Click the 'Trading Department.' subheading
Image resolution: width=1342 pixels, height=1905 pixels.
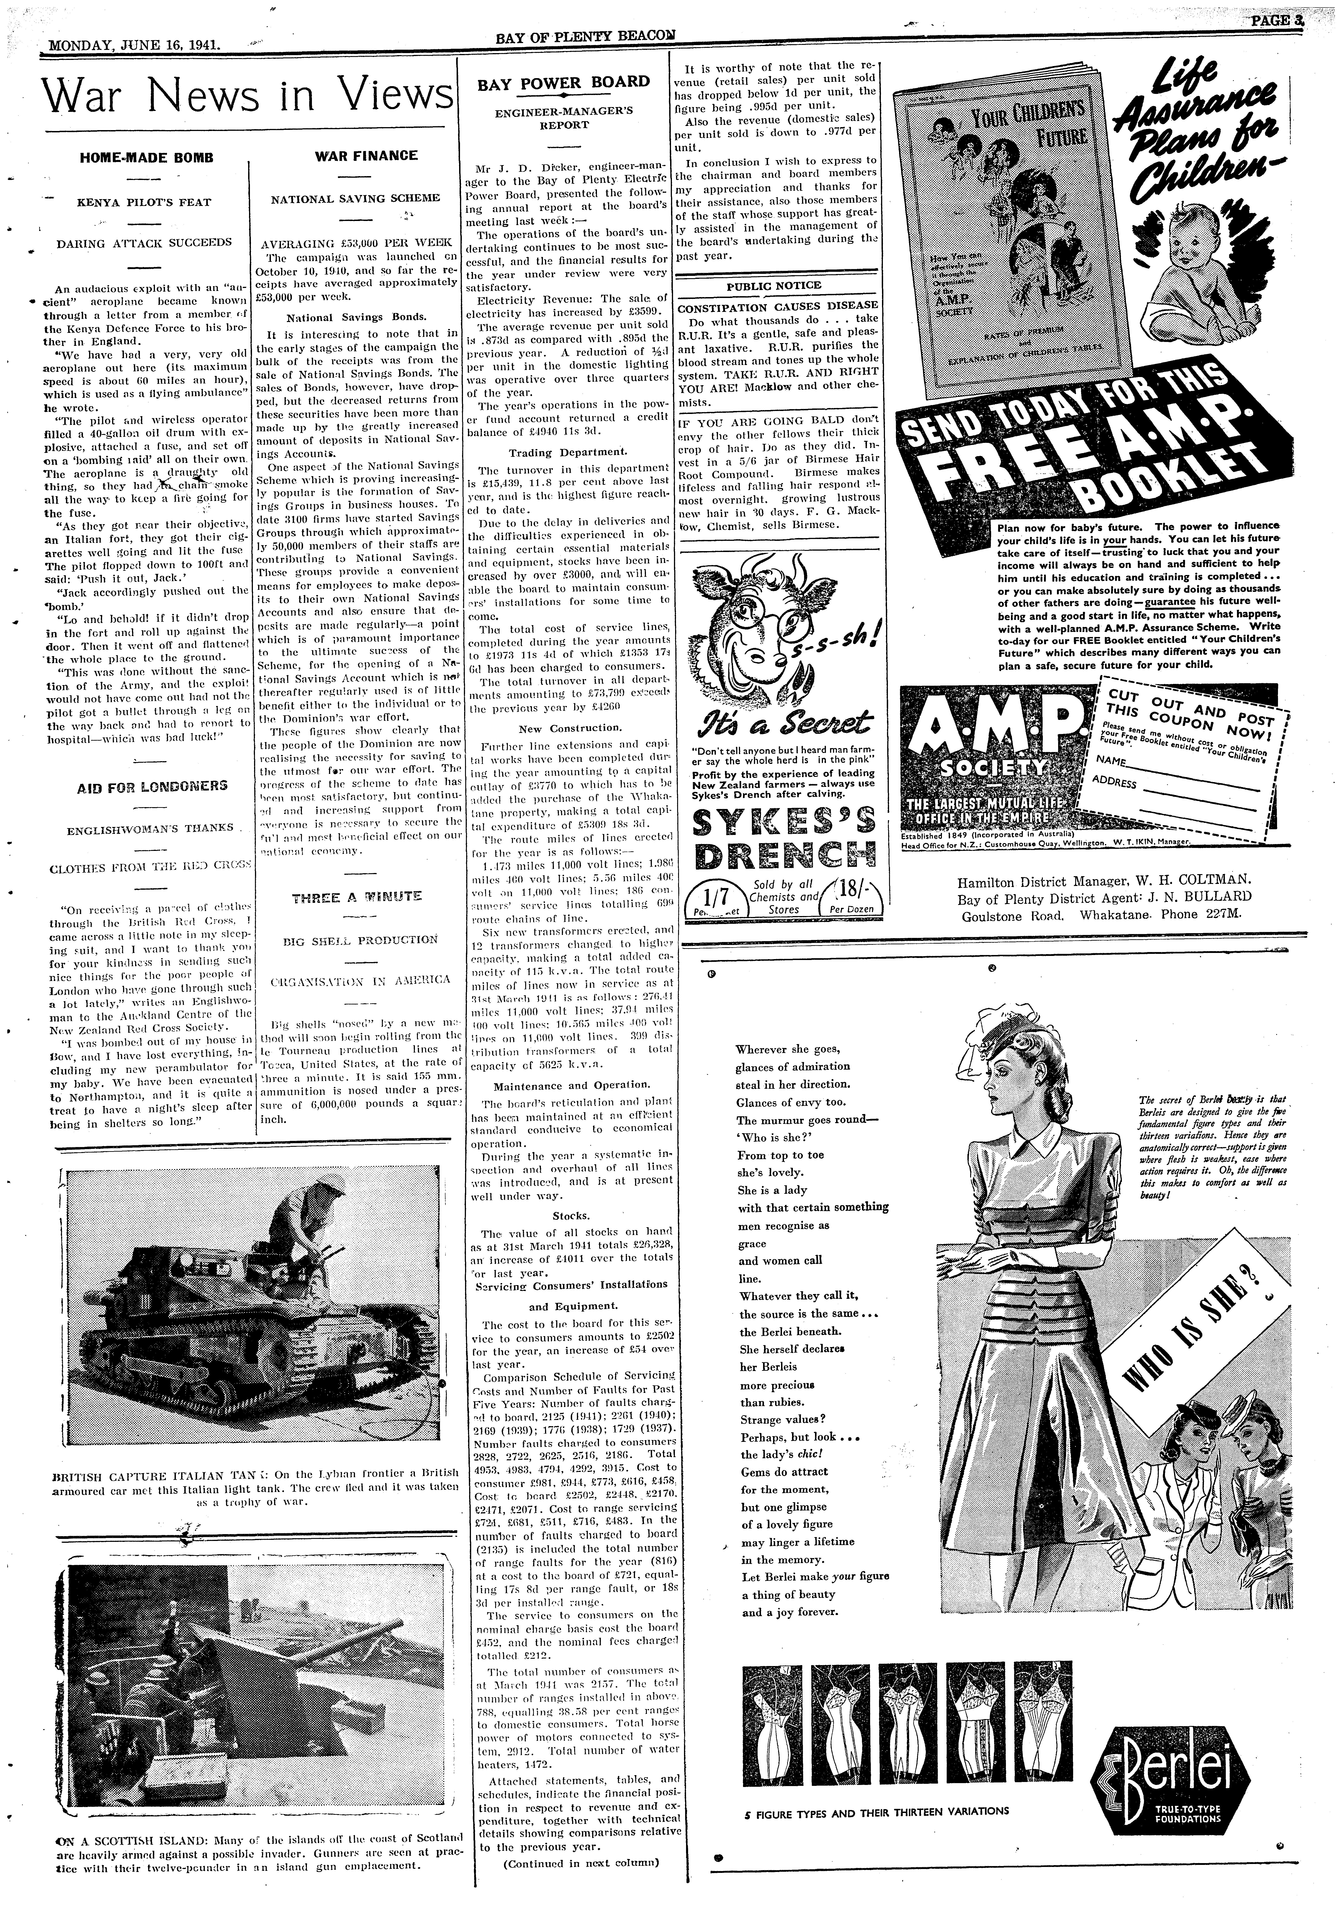click(x=567, y=452)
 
